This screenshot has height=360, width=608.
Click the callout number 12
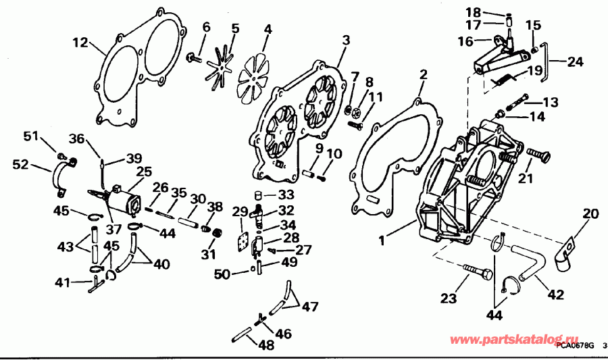pos(80,43)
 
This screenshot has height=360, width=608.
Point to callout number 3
pos(345,41)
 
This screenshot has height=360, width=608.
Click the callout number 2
pos(424,74)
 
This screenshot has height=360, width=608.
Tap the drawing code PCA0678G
pos(575,346)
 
